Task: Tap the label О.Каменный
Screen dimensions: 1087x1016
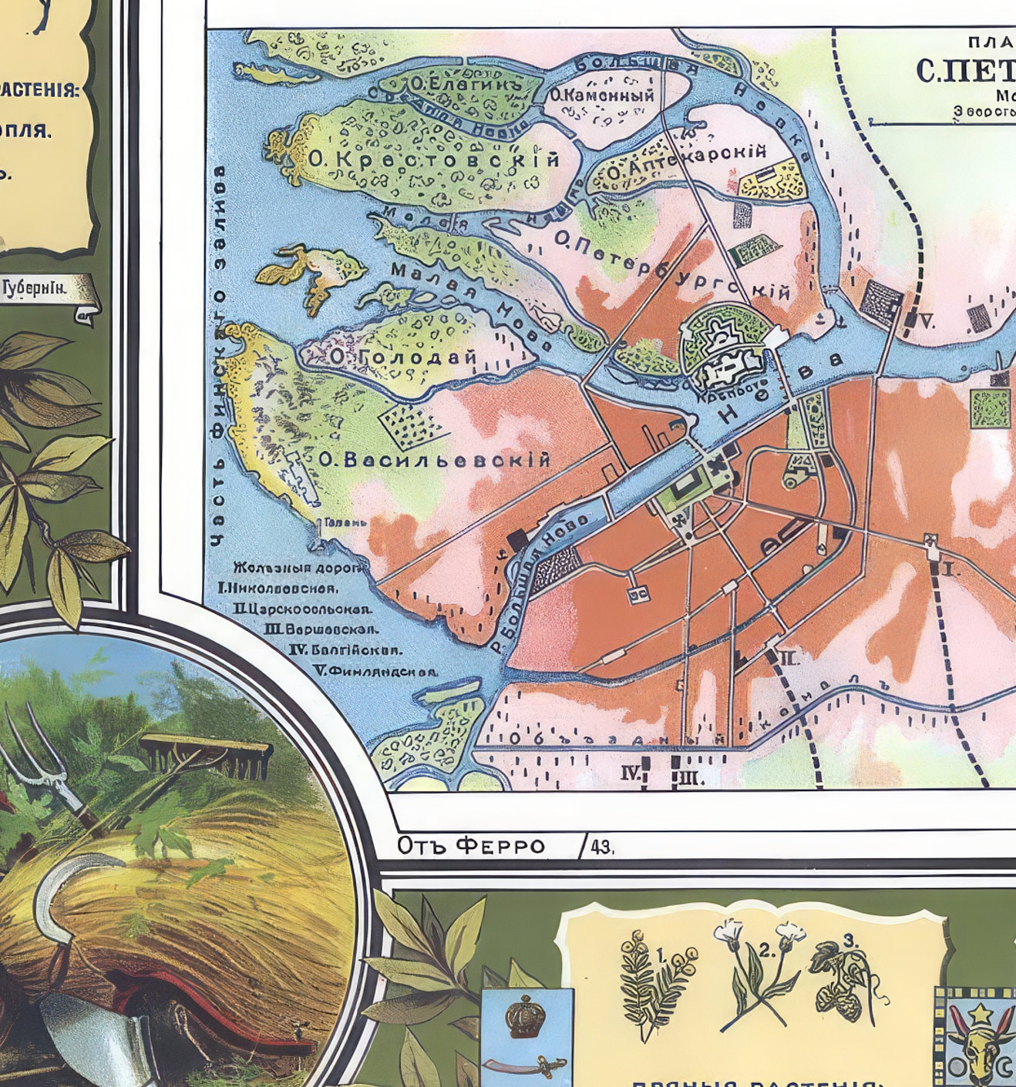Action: [x=601, y=96]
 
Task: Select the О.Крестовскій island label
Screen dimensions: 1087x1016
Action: [x=433, y=159]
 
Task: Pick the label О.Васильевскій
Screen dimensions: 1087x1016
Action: [x=434, y=460]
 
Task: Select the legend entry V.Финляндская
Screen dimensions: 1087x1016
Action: [x=375, y=671]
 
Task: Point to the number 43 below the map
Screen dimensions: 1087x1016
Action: [x=601, y=847]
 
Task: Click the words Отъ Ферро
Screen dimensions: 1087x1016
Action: [x=470, y=846]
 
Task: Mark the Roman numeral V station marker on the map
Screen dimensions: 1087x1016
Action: [x=925, y=322]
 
